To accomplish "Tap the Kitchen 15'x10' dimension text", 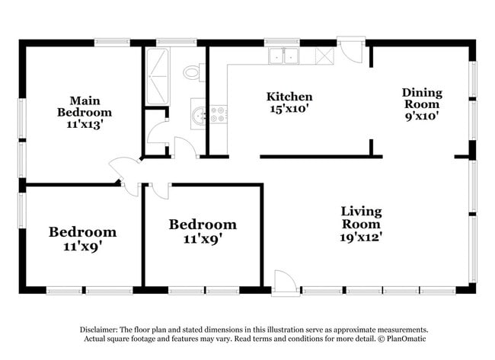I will point(289,109).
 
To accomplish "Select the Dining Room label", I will point(421,98).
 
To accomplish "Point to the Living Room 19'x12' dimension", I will point(361,236).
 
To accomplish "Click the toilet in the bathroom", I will point(193,73).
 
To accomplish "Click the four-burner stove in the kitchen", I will point(218,115).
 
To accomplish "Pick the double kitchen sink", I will point(283,55).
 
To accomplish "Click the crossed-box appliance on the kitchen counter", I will point(325,55).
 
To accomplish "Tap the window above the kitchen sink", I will point(282,42).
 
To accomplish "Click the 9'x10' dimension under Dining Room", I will point(421,117).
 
